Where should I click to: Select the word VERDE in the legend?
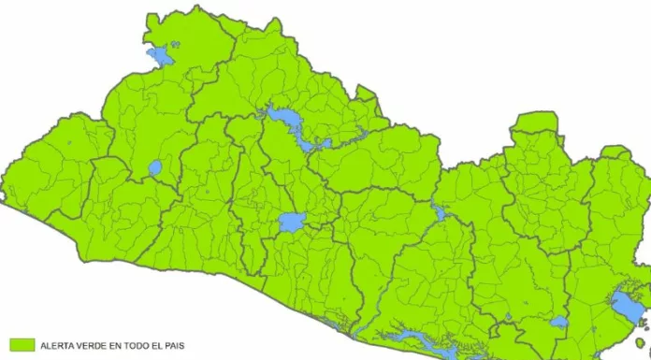(x=94, y=346)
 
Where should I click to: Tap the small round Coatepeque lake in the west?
(x=154, y=169)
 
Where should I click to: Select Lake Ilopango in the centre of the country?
(x=291, y=223)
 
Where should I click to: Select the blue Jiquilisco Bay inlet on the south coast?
(x=412, y=338)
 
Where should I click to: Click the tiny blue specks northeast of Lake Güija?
(x=176, y=43)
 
